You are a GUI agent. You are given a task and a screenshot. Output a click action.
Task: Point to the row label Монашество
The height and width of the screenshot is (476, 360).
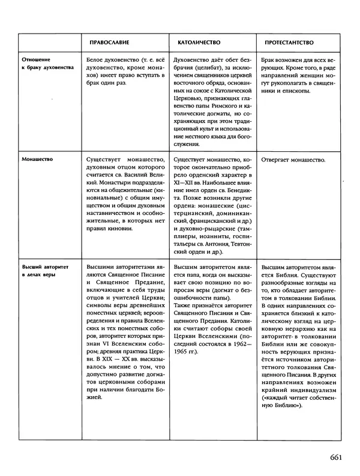click(37, 160)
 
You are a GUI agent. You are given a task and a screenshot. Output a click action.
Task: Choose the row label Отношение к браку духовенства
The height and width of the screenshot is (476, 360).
click(47, 65)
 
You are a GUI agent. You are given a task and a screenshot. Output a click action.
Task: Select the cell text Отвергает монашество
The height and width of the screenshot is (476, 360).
click(294, 160)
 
